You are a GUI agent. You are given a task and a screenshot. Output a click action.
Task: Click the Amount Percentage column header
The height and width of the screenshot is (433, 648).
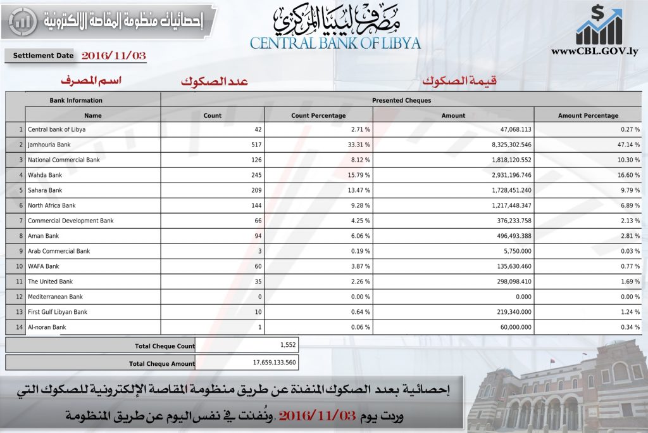click(x=588, y=115)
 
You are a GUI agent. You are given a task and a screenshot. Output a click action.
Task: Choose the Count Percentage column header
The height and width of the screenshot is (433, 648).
click(x=318, y=115)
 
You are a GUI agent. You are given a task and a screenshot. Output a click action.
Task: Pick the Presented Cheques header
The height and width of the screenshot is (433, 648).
click(x=401, y=100)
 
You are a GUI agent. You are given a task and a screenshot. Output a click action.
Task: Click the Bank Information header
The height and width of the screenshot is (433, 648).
click(x=76, y=100)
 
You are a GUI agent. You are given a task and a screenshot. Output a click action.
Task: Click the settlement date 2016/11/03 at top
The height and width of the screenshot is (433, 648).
click(x=114, y=56)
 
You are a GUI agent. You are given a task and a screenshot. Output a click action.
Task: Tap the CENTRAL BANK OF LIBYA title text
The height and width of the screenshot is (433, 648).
click(x=335, y=43)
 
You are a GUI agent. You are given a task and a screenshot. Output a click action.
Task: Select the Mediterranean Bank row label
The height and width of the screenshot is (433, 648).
click(x=55, y=297)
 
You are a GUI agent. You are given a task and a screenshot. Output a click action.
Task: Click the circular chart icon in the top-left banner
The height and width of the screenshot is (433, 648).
click(x=23, y=21)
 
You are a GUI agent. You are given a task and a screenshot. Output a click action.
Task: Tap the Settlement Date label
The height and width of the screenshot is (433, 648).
click(x=43, y=56)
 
